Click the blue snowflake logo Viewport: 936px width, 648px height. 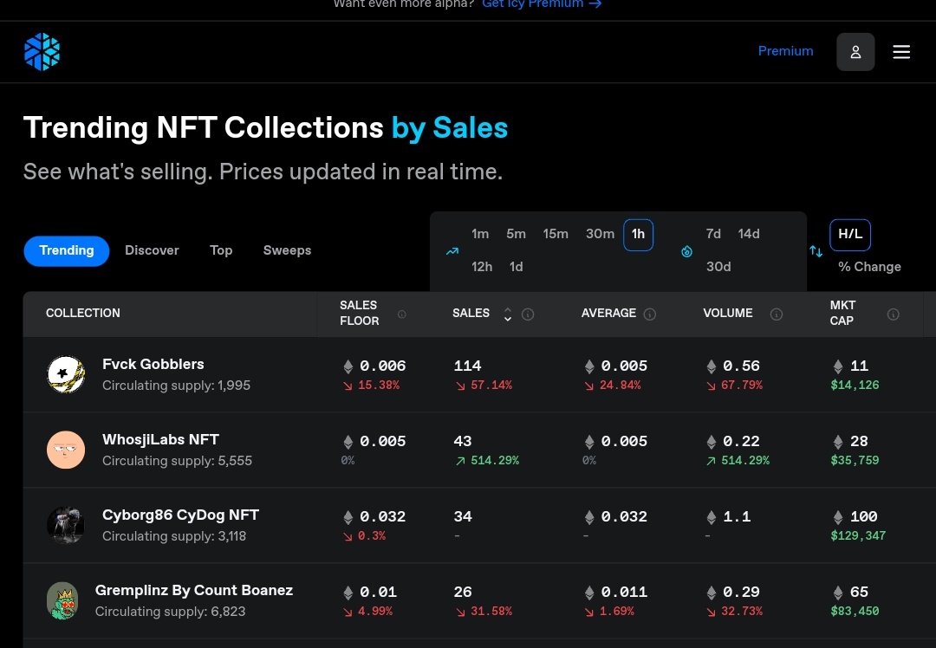[42, 52]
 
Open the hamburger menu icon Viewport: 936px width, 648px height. [901, 52]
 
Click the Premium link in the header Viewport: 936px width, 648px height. [785, 51]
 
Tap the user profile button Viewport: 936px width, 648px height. [855, 52]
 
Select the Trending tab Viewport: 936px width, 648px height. [66, 250]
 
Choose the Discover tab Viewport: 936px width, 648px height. [152, 250]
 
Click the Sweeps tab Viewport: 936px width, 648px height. [287, 250]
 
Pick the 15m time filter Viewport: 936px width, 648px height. [556, 234]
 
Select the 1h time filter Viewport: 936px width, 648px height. [638, 235]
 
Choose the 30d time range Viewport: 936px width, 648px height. [718, 267]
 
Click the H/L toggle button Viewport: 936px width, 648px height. [850, 235]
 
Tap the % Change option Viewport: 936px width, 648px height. [869, 267]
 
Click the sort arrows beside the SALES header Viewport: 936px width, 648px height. [507, 314]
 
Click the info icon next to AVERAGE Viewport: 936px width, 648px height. [650, 314]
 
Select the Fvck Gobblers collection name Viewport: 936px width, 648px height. [153, 364]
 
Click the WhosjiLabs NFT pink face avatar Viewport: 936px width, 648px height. [66, 450]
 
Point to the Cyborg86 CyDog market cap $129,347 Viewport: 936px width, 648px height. [858, 536]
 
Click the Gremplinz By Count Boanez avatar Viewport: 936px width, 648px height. [62, 601]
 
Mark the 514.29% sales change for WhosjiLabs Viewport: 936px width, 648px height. [487, 461]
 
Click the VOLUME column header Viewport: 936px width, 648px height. [728, 314]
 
